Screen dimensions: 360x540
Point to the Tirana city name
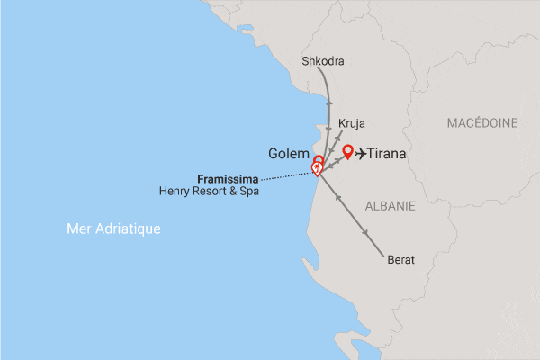(384, 155)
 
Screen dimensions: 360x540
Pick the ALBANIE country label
(390, 206)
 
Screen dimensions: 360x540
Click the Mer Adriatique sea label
(113, 229)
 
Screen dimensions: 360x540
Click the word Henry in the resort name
(175, 191)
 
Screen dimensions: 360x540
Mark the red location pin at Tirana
(348, 151)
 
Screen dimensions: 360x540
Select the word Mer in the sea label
(78, 229)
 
